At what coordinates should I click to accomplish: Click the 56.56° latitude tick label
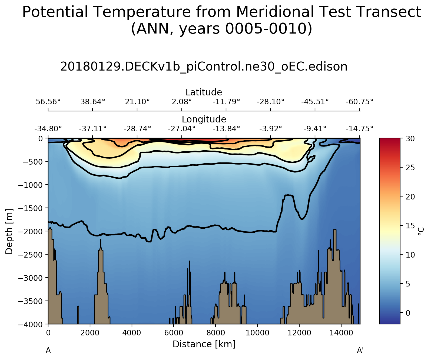pyautogui.click(x=48, y=102)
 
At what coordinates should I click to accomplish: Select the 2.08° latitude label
pyautogui.click(x=181, y=102)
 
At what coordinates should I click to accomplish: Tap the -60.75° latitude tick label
pyautogui.click(x=359, y=102)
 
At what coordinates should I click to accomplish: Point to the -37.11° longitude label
pyautogui.click(x=92, y=129)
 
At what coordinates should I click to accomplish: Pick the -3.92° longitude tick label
pyautogui.click(x=270, y=129)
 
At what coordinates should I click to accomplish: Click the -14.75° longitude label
pyautogui.click(x=359, y=129)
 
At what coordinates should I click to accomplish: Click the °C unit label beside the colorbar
pyautogui.click(x=420, y=231)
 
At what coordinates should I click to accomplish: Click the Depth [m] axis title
pyautogui.click(x=9, y=231)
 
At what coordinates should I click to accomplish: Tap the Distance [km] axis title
pyautogui.click(x=204, y=344)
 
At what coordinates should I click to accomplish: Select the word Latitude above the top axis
pyautogui.click(x=204, y=92)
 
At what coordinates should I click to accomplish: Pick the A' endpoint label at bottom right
pyautogui.click(x=360, y=351)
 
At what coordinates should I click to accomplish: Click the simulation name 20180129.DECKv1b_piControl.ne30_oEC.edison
pyautogui.click(x=204, y=66)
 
